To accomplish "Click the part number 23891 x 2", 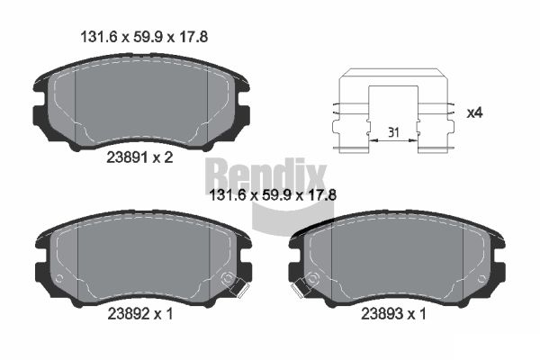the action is coord(139,157).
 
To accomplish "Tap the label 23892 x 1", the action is coord(140,314).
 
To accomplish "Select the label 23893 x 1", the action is coord(393,314).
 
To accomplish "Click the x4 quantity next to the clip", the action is coord(474,113).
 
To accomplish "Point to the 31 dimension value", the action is coord(393,132).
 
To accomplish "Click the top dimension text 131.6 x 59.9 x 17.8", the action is coord(144,37).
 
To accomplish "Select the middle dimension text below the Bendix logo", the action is coord(273,195).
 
